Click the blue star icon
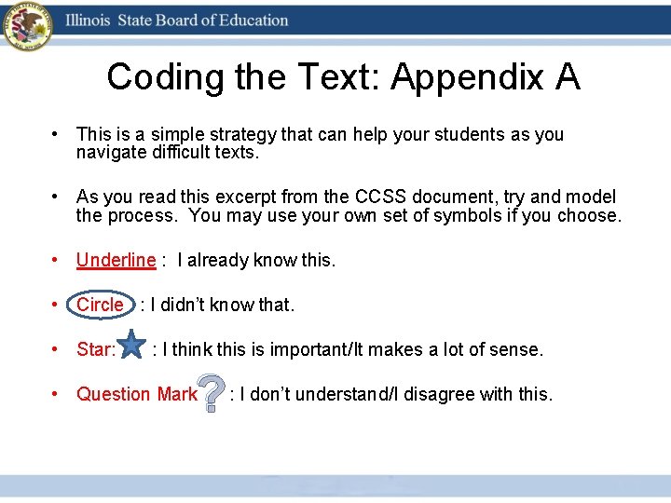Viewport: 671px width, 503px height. (132, 345)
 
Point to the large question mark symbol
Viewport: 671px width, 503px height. (212, 394)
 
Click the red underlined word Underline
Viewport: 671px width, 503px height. (116, 260)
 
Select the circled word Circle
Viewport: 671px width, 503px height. (101, 305)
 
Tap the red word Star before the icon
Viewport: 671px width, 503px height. (94, 349)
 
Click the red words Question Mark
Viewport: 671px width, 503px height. (136, 394)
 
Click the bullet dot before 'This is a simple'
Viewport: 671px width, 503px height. (57, 134)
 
